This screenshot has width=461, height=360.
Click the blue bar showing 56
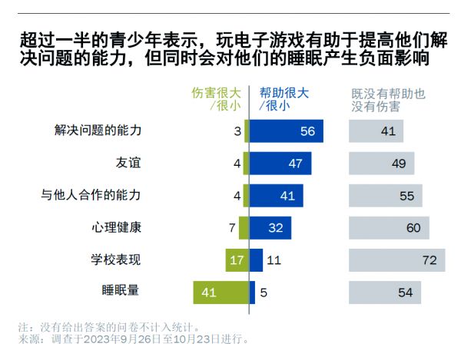point(286,131)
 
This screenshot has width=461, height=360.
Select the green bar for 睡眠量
point(221,292)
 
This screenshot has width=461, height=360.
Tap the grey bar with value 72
point(396,259)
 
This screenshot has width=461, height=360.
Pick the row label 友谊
point(128,163)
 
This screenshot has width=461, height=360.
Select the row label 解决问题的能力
point(98,130)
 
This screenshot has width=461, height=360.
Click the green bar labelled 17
point(237,259)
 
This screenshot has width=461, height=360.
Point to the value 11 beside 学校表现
point(274,260)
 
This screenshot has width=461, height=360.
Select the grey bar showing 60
point(389,227)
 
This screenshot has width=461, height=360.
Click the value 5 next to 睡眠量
point(263,292)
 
